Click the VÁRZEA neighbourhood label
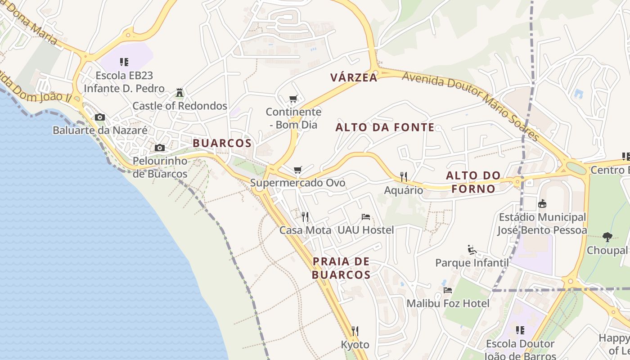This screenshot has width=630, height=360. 354,77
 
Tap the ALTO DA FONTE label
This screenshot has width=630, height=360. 385,127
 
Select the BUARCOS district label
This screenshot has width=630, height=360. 222,143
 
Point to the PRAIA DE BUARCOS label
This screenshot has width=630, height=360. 341,268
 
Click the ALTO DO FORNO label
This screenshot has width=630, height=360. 473,182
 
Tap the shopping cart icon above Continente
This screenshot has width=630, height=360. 293,99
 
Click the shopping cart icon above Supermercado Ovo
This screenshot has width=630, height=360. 297,170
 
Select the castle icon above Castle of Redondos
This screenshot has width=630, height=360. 180,93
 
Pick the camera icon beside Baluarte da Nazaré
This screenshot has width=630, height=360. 100,117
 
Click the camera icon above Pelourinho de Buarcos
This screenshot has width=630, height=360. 160,148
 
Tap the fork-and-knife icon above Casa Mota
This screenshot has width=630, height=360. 305,217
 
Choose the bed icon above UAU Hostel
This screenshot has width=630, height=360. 366,217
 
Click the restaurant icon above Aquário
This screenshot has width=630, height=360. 404,177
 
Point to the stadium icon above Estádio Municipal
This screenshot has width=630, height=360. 542,204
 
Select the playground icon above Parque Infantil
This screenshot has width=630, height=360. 472,250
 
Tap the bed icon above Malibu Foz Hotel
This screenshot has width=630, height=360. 448,290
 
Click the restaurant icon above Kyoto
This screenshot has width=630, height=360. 355,332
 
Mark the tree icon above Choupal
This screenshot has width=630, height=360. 607,237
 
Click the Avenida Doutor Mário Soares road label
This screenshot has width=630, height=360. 470,106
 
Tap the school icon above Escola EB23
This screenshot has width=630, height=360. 124,62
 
